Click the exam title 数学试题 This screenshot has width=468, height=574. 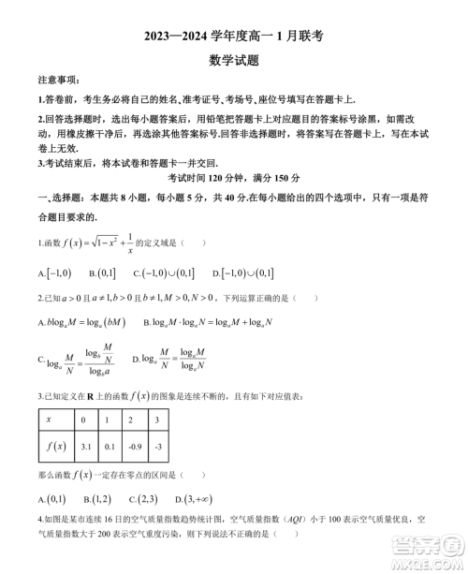(x=233, y=59)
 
